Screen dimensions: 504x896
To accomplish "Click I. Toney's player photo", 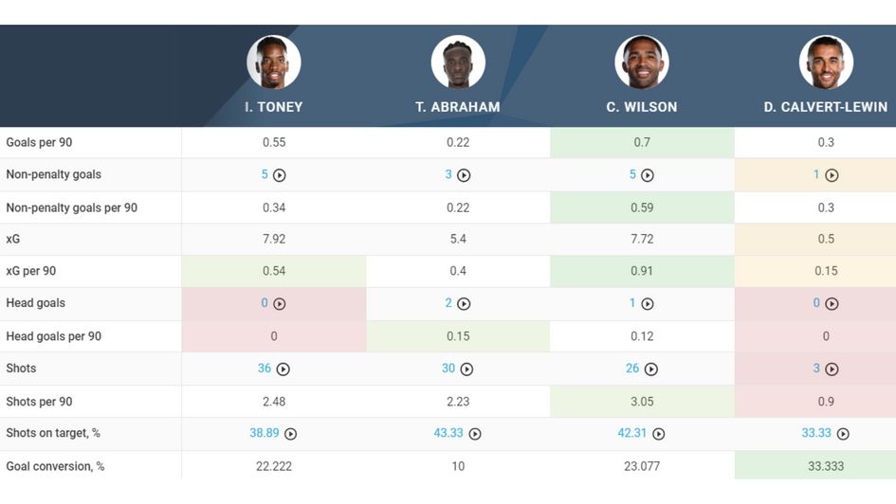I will pos(274,63).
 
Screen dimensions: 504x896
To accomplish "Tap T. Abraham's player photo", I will pos(458,63).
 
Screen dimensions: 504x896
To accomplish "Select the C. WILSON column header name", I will pos(642,107).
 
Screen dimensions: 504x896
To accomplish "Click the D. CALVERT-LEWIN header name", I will pos(826,107).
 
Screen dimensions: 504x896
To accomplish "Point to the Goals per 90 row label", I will pos(39,142).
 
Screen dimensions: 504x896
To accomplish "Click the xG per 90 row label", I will pos(31,271).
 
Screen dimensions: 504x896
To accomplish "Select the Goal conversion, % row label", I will pos(55,466).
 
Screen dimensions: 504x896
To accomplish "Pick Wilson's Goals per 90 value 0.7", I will pos(642,142).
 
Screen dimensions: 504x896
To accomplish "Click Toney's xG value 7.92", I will pos(274,239).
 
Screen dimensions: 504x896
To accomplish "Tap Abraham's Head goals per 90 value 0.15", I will pos(458,336).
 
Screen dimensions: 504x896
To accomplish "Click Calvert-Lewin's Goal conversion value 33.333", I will pos(826,466).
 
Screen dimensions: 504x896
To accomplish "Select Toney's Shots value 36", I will pos(265,369).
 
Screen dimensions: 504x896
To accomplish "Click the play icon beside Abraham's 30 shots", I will pos(466,369).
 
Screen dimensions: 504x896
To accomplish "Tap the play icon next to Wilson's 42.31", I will pos(659,434).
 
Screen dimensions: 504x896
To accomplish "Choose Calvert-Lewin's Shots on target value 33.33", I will pos(816,433).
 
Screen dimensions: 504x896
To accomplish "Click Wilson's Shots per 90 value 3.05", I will pos(642,402).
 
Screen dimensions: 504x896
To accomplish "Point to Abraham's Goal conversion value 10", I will pos(458,466).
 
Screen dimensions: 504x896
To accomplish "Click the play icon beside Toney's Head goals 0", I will pos(280,304).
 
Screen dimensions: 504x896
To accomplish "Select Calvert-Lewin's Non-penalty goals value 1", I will pos(816,174).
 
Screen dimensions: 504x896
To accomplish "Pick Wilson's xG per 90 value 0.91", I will pos(642,271).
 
